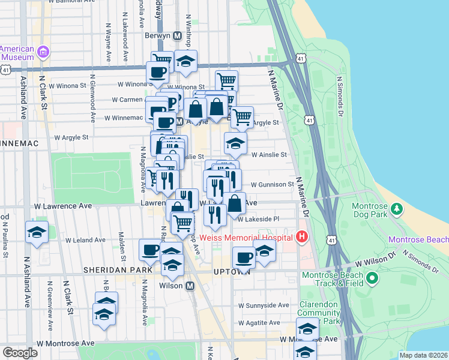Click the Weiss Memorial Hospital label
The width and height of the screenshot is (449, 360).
(247, 238)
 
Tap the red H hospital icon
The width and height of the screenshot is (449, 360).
(301, 238)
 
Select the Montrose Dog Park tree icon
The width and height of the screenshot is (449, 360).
(396, 209)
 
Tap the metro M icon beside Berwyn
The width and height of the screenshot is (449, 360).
(177, 35)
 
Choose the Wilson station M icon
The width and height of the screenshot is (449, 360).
(190, 286)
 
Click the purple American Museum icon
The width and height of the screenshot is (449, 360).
(43, 52)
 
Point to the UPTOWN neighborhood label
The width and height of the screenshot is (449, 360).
(231, 272)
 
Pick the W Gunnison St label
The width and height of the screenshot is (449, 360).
(273, 184)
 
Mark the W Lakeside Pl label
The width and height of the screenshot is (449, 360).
(259, 220)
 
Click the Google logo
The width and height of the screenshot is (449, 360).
(20, 352)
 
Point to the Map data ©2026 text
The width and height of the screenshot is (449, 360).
(423, 355)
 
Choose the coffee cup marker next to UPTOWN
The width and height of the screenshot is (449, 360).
(244, 259)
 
